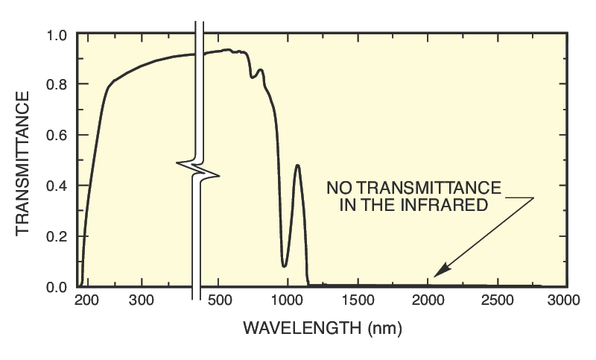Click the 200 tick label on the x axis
pos(87,301)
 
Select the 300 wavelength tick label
pos(141,301)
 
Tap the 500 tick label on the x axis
pos(218,301)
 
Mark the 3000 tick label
pos(563,301)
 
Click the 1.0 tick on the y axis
pos(57,35)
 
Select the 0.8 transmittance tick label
pos(57,85)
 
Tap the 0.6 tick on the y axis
pos(57,136)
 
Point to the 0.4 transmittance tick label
pos(57,186)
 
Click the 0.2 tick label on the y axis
pos(57,237)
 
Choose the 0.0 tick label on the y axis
pos(57,287)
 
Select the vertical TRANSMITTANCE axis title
pos(23,162)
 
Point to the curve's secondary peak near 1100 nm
pos(298,165)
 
